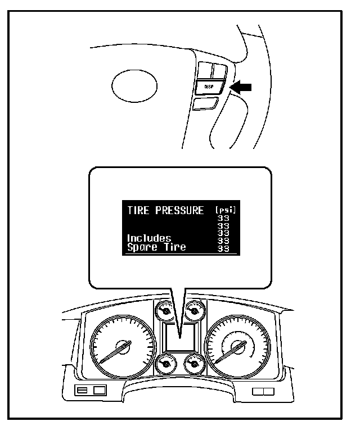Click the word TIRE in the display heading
click(138, 211)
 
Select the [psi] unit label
click(226, 211)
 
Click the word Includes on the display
click(149, 238)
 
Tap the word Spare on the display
click(141, 247)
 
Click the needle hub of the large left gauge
click(121, 347)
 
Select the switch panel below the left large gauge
click(91, 390)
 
